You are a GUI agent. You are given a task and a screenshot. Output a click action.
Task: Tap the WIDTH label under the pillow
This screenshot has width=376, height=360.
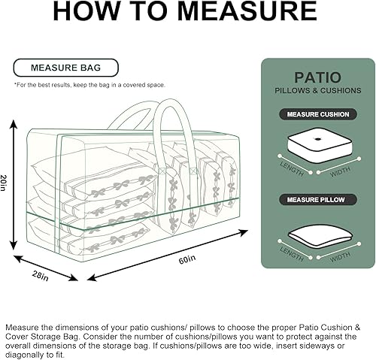pyautogui.click(x=340, y=256)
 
